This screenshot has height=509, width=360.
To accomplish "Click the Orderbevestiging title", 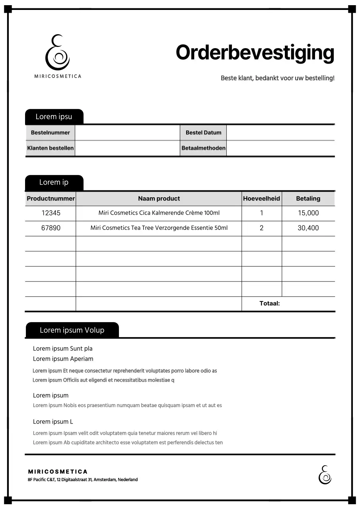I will coord(255,53).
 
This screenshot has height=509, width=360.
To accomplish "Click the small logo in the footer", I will coord(325,474).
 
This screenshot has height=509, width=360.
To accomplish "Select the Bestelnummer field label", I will coord(51,133).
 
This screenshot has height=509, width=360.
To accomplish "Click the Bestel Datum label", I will coord(203,133).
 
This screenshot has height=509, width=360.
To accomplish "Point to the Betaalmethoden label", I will coord(203,148).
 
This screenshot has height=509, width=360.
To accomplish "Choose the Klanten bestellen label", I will coord(51,148).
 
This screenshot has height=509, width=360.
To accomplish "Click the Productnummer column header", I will coord(51,198).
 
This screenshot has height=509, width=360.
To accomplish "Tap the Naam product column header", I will coord(159,198).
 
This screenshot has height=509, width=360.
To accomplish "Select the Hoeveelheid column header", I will coord(261,198).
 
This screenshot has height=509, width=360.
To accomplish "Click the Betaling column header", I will coord(308,198).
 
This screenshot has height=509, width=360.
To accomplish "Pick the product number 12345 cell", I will coord(51,213).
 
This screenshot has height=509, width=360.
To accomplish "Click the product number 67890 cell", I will coord(51,228).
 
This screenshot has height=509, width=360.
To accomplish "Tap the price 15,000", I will coord(308,213).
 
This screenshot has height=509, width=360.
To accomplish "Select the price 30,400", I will coord(308,228).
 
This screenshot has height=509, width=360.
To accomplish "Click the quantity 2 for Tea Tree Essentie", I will coord(261,228).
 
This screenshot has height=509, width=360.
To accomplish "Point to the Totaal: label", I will coord(270,303).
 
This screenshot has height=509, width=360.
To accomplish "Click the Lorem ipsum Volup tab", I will coord(72,330).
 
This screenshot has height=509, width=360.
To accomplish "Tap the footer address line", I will coord(83,480).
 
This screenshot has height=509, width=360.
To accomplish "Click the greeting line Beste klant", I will coord(277,78).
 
